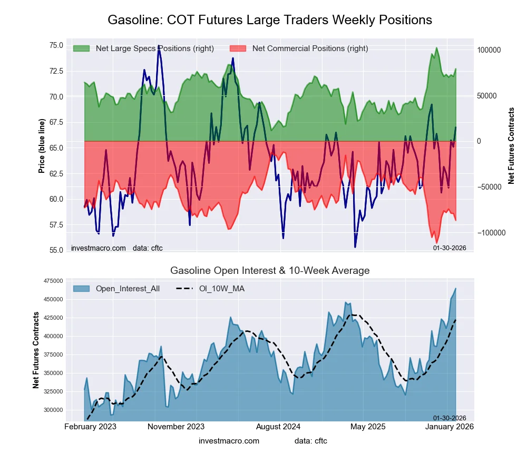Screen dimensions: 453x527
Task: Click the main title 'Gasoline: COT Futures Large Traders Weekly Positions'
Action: coord(270,20)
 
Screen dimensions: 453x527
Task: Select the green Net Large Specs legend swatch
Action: coord(81,48)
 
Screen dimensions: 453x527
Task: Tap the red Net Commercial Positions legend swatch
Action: coord(238,48)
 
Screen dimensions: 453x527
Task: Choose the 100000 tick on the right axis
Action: coord(489,50)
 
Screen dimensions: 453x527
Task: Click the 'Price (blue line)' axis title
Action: coord(42,146)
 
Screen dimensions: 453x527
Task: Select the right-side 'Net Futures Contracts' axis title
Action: coord(511,146)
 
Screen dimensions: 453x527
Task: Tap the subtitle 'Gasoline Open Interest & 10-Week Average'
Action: coord(270,271)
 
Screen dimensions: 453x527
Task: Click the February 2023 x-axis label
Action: coord(90,426)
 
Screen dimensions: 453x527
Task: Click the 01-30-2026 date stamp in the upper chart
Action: coord(450,248)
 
